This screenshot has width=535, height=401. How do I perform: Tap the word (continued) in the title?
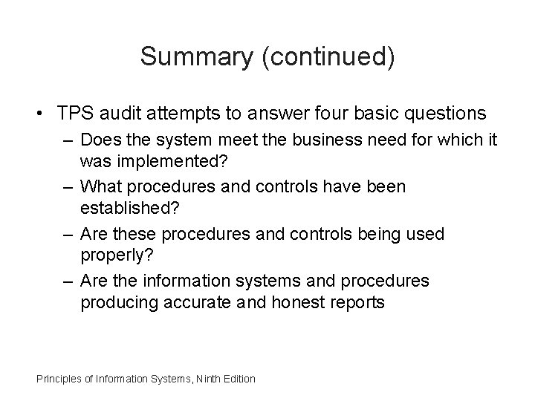click(x=328, y=57)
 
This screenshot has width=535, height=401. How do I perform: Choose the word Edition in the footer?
click(x=239, y=379)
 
